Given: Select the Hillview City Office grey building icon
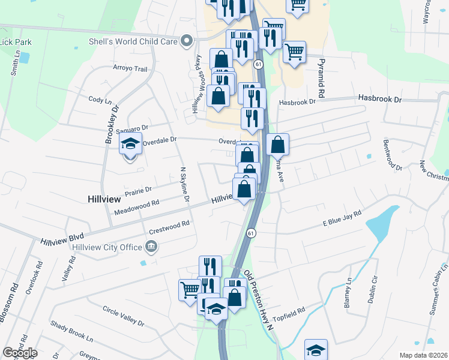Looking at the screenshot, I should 151,247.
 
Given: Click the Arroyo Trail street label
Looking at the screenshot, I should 130,69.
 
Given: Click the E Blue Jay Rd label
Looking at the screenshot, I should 342,218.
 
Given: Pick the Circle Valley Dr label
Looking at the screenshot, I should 124,316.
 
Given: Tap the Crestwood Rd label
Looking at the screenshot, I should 169,226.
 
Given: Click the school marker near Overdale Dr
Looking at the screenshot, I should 130,145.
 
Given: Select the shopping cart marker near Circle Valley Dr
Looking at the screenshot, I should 190,290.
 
